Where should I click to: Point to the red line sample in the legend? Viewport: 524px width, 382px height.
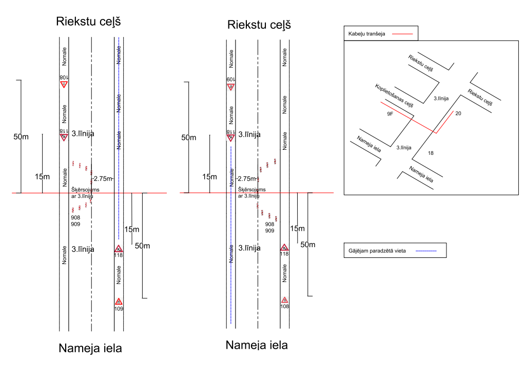click(x=402, y=34)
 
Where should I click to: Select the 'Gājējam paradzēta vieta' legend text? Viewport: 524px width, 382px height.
click(x=377, y=251)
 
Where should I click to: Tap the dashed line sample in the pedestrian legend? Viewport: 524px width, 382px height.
click(x=425, y=251)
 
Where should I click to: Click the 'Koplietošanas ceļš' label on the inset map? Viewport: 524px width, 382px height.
click(x=394, y=95)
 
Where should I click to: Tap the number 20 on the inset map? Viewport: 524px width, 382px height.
click(x=458, y=113)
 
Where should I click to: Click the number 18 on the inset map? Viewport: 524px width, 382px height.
click(x=430, y=153)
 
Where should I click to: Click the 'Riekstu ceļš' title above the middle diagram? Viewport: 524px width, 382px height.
click(x=259, y=25)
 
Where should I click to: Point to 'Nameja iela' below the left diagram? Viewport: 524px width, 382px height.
click(x=90, y=349)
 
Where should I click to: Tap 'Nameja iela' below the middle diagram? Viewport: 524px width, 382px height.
click(x=257, y=345)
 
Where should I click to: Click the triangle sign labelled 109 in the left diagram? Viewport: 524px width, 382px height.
click(x=119, y=301)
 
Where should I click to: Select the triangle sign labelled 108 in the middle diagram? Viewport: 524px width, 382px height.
click(x=284, y=300)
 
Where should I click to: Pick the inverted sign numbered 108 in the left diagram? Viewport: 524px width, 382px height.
click(x=64, y=84)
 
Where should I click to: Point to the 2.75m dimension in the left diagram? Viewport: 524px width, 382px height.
click(x=103, y=178)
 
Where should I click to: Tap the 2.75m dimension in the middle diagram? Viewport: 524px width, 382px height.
click(x=246, y=179)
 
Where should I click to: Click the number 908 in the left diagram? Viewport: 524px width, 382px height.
click(x=75, y=217)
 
